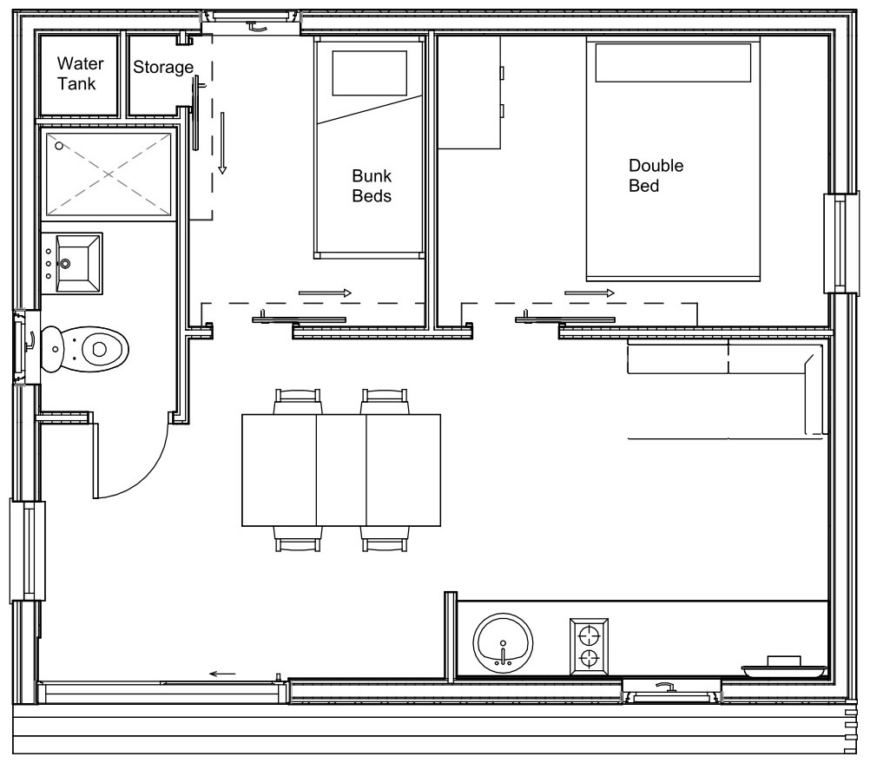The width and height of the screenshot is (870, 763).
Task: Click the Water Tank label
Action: point(80,74)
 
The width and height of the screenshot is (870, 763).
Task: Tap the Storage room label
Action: point(162,68)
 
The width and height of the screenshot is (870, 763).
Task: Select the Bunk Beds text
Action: point(372,186)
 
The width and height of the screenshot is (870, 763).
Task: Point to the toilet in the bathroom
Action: point(87,349)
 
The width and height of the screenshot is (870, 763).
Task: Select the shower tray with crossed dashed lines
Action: point(109,174)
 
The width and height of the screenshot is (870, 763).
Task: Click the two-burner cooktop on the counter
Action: point(589,647)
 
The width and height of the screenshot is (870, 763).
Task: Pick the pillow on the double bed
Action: point(673,62)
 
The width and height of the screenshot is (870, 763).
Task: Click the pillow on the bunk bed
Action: point(371,72)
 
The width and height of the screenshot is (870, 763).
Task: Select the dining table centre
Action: point(341,470)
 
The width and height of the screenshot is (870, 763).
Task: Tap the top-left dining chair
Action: point(298,402)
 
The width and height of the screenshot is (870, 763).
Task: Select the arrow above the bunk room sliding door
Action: point(325,293)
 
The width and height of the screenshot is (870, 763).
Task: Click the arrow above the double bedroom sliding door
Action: point(590,293)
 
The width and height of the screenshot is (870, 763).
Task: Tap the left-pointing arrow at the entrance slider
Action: point(222,673)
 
